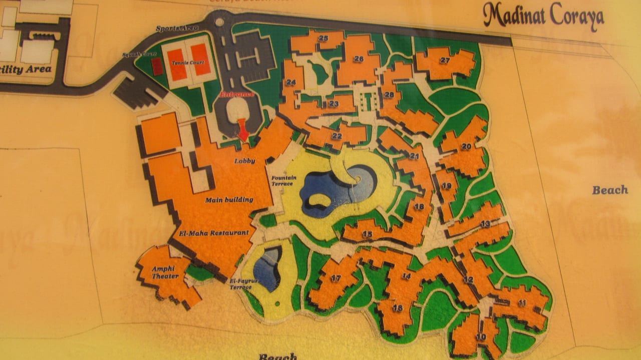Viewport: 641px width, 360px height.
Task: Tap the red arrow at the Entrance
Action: [x=243, y=129]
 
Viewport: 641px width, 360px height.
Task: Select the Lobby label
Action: [x=245, y=161]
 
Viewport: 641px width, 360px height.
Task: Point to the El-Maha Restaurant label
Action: [x=214, y=233]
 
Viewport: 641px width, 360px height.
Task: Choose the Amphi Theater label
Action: [x=164, y=271]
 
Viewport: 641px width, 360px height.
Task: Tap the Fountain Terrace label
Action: [x=284, y=181]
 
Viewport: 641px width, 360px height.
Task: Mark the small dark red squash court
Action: [x=157, y=67]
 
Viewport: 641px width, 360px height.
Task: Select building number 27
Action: [x=445, y=60]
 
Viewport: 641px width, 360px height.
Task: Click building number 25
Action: [x=323, y=38]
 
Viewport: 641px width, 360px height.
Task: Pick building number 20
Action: [x=466, y=147]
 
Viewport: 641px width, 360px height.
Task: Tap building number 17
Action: [x=336, y=278]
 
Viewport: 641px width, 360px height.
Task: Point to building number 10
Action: [x=481, y=337]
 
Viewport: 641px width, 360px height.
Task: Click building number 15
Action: [x=367, y=234]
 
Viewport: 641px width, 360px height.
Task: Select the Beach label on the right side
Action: [x=609, y=190]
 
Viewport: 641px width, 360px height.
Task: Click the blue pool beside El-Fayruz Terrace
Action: [x=267, y=268]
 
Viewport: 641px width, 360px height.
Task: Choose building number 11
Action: [x=522, y=303]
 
